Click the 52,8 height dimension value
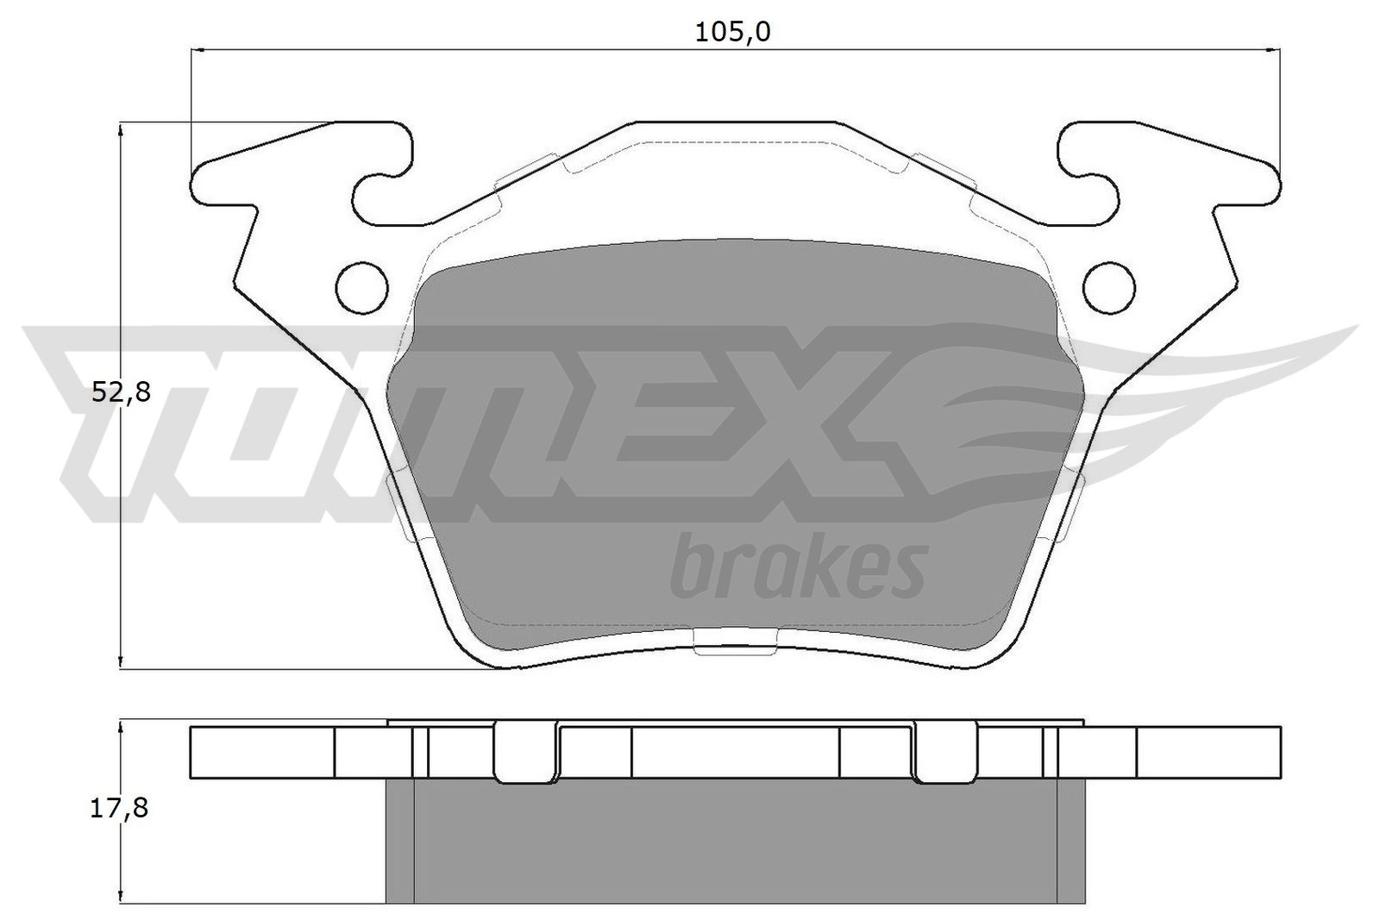tap(121, 393)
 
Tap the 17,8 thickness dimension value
tap(121, 809)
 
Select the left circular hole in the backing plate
tap(361, 285)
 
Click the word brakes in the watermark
tap(798, 569)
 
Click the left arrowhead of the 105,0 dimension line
tap(195, 52)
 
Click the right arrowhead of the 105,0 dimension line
tap(1276, 52)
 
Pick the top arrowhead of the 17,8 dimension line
tap(122, 726)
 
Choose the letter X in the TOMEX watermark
tap(850, 422)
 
